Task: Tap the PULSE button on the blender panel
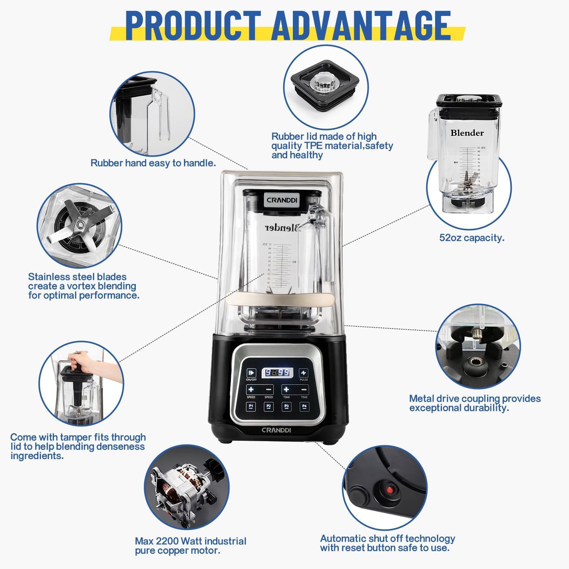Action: (303, 373)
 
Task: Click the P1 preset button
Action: (251, 407)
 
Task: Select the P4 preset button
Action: (304, 407)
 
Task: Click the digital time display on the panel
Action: (277, 373)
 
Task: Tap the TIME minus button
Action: (304, 390)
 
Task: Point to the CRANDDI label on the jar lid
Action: (282, 200)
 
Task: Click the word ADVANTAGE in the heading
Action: (361, 25)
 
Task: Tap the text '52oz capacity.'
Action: (472, 238)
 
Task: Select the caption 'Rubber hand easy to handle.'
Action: (153, 163)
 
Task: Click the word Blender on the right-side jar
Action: (467, 133)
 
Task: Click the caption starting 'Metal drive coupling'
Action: (475, 403)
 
